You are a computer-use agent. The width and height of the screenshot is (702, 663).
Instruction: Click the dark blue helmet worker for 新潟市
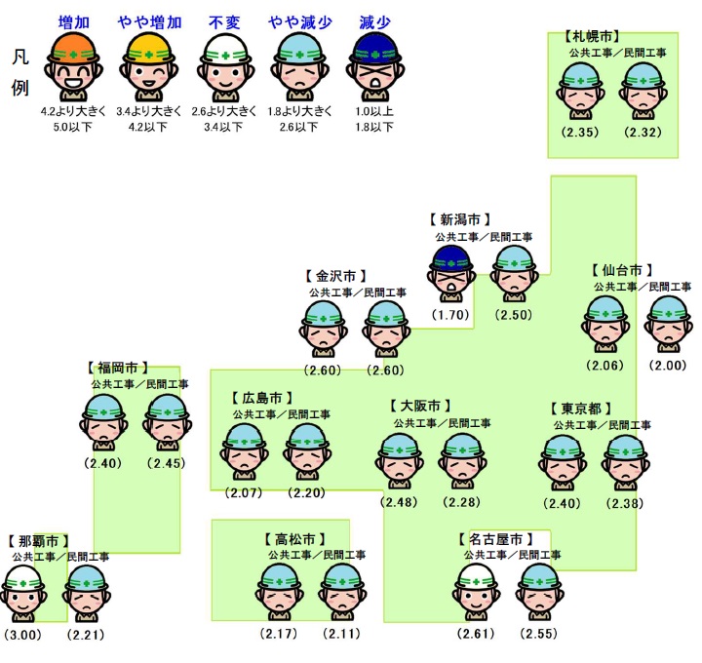pyautogui.click(x=452, y=273)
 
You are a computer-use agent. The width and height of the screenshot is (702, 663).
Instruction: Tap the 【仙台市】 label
pyautogui.click(x=621, y=270)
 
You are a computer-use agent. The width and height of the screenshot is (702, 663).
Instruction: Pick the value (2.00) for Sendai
pyautogui.click(x=671, y=366)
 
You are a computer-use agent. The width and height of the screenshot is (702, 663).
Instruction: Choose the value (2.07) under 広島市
pyautogui.click(x=244, y=493)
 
